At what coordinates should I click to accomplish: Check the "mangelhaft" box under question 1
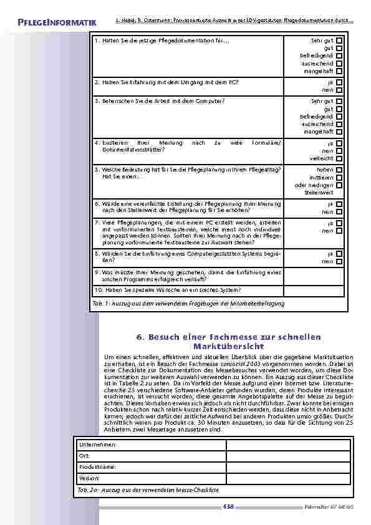pyautogui.click(x=339, y=71)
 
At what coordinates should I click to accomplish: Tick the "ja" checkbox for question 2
pyautogui.click(x=339, y=82)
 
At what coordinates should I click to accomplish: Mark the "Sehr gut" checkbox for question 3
pyautogui.click(x=339, y=101)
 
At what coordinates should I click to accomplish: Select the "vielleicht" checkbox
pyautogui.click(x=339, y=158)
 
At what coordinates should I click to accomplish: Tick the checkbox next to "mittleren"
pyautogui.click(x=339, y=177)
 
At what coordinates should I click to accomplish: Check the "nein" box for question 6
pyautogui.click(x=339, y=212)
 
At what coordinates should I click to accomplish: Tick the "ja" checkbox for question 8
pyautogui.click(x=339, y=254)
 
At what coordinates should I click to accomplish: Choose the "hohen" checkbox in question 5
pyautogui.click(x=339, y=170)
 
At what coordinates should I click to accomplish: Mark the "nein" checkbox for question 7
pyautogui.click(x=339, y=231)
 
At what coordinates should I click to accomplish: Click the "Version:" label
pyautogui.click(x=90, y=478)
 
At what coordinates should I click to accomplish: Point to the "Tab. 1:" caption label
pyautogui.click(x=101, y=303)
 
